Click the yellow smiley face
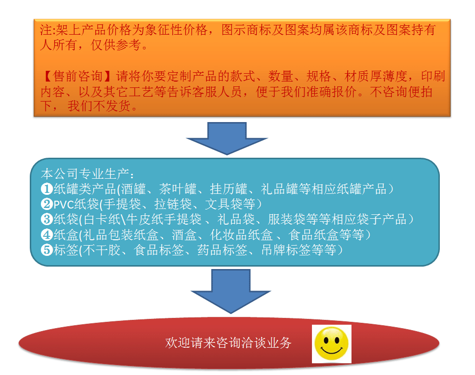332,343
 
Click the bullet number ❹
47,235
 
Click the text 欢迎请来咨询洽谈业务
228,343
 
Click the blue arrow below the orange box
227,138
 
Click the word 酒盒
187,235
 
